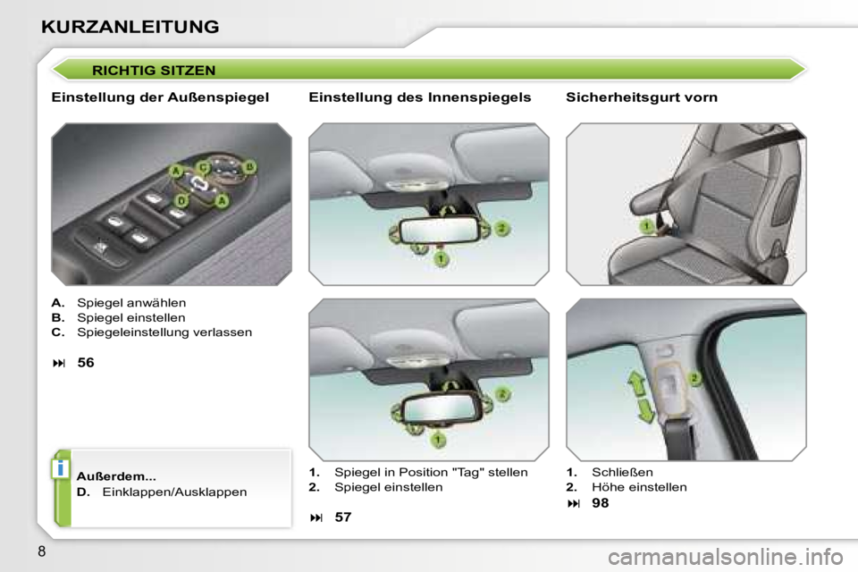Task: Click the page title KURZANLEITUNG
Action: click(x=130, y=27)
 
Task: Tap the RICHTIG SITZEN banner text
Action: click(x=154, y=71)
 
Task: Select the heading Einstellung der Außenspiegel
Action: click(x=160, y=97)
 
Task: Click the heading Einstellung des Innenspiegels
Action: click(x=420, y=97)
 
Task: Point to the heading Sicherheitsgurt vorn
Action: click(x=642, y=97)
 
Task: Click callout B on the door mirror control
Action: click(x=249, y=166)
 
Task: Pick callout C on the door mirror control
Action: click(x=203, y=167)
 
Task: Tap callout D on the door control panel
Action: click(x=181, y=201)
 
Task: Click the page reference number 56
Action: click(x=86, y=362)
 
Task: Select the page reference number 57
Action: click(x=343, y=517)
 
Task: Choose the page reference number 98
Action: click(x=601, y=502)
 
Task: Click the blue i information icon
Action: click(x=60, y=468)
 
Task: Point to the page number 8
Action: click(x=42, y=551)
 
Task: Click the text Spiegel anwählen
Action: click(x=131, y=303)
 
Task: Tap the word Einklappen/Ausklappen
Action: click(x=174, y=492)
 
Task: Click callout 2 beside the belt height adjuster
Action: click(x=694, y=378)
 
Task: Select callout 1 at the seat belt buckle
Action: click(x=647, y=225)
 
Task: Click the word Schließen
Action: click(x=622, y=472)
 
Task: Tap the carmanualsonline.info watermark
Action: click(x=726, y=558)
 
